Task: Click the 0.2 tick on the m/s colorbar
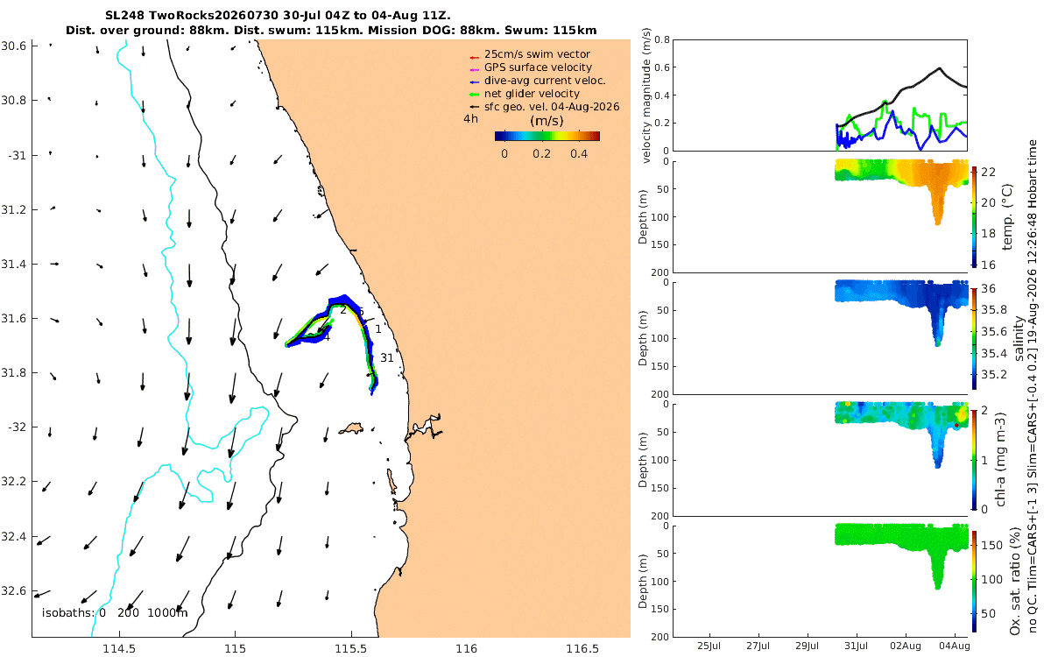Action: click(x=541, y=154)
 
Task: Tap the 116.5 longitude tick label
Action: click(x=582, y=649)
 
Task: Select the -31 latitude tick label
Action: click(x=17, y=155)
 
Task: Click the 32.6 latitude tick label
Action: click(x=14, y=590)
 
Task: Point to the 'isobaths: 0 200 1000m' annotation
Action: click(x=115, y=613)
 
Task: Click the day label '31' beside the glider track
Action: click(x=386, y=358)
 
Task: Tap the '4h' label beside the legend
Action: click(x=470, y=119)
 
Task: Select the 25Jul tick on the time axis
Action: click(x=709, y=646)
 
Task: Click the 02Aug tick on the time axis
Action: click(x=905, y=646)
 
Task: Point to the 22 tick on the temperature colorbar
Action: click(x=988, y=173)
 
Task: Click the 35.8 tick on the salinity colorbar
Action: click(x=994, y=310)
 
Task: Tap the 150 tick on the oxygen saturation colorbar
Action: click(x=991, y=545)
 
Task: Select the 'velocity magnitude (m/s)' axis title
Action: click(x=646, y=95)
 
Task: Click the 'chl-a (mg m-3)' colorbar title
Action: click(x=1001, y=460)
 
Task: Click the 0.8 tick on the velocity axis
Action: click(x=661, y=40)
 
